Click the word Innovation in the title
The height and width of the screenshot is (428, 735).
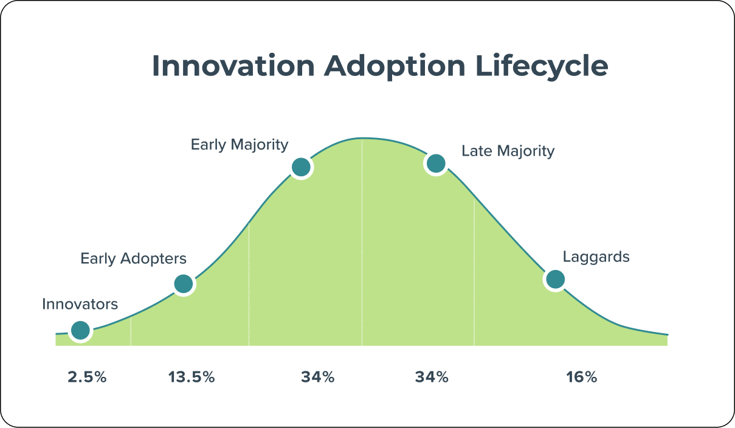point(233,66)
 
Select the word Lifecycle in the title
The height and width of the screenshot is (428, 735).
point(542,66)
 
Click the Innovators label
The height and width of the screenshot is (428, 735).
point(80,304)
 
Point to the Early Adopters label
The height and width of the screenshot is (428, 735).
point(133,258)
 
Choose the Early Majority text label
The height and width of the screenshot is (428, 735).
point(240,145)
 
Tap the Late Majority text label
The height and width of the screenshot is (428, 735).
point(508,151)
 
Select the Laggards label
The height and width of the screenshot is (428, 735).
point(596,257)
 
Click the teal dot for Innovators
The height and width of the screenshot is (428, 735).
point(80,330)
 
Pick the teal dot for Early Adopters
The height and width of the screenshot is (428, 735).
point(183,283)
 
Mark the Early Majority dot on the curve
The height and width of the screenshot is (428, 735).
point(301,167)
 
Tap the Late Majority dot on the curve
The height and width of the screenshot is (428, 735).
point(436,163)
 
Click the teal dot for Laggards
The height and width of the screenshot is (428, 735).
point(555,279)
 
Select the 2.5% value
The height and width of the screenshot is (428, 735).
point(87,377)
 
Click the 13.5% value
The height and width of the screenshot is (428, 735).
point(192,377)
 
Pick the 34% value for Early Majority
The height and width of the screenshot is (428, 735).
point(317,377)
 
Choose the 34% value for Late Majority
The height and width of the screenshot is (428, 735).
point(432,377)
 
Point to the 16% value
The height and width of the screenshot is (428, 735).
point(581,377)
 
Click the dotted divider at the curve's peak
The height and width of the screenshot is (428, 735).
point(362,243)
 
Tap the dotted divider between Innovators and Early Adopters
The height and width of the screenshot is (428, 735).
point(131,331)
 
